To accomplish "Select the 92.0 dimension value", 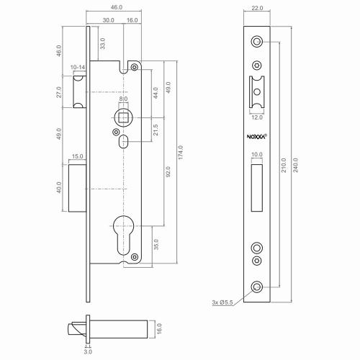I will coord(168,174).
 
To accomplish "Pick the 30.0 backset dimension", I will coord(108,20).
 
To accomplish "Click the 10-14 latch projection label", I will coord(78,67).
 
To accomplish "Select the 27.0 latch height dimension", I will coord(60,93).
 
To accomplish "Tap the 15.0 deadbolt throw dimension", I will coord(78,156).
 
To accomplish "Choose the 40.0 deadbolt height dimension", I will coord(60,188).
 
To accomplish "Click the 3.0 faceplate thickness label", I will coord(88,352).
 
